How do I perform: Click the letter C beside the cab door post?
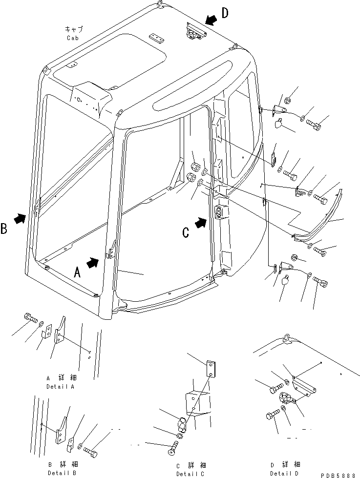[x=186, y=233]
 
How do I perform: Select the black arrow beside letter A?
[x=92, y=263]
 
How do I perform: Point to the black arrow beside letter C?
[x=200, y=223]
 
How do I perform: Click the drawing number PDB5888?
[x=341, y=474]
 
